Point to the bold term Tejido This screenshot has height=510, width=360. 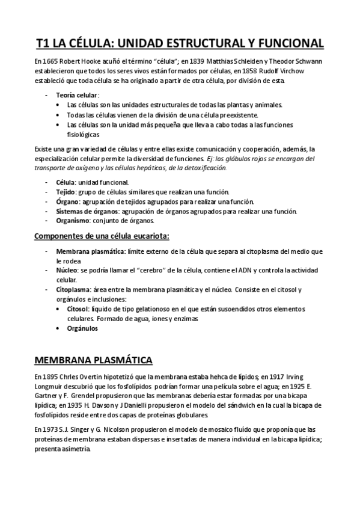(x=66, y=191)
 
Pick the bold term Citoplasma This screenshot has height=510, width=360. (x=73, y=290)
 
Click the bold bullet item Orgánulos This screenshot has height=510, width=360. (x=83, y=328)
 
